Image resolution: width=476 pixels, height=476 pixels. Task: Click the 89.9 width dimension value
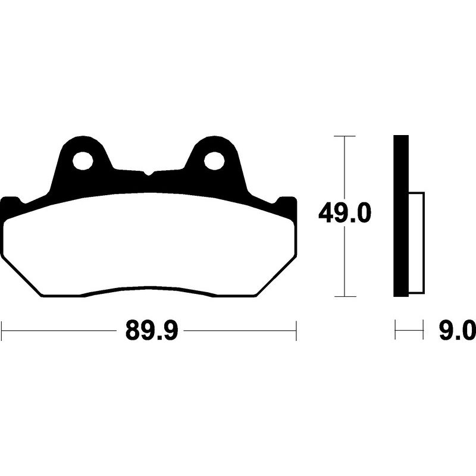(x=152, y=331)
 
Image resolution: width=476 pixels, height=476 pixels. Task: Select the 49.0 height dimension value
(x=345, y=213)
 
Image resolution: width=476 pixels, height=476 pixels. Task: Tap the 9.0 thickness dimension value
(x=457, y=330)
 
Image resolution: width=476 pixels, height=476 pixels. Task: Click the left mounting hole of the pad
(x=83, y=161)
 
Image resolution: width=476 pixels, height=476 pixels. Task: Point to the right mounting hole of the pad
(x=214, y=161)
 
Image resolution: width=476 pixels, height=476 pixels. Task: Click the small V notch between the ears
(x=148, y=173)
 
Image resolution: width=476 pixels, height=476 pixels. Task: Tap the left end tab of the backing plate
(x=11, y=206)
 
